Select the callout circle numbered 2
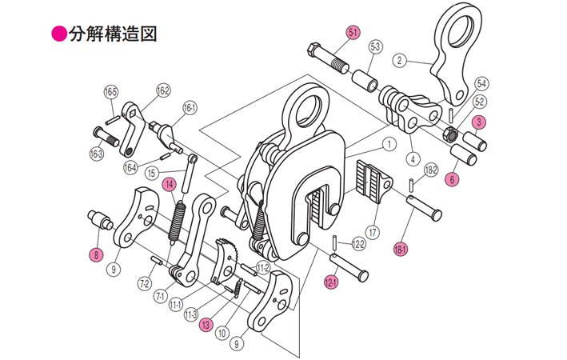click(x=401, y=58)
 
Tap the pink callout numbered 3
click(x=480, y=122)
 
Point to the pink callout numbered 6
click(x=453, y=179)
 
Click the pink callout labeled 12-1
click(x=331, y=281)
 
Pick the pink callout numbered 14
click(x=170, y=185)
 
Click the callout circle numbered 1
click(x=388, y=145)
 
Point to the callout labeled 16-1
click(x=190, y=106)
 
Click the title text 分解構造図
click(x=111, y=34)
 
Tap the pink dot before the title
click(x=58, y=34)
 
